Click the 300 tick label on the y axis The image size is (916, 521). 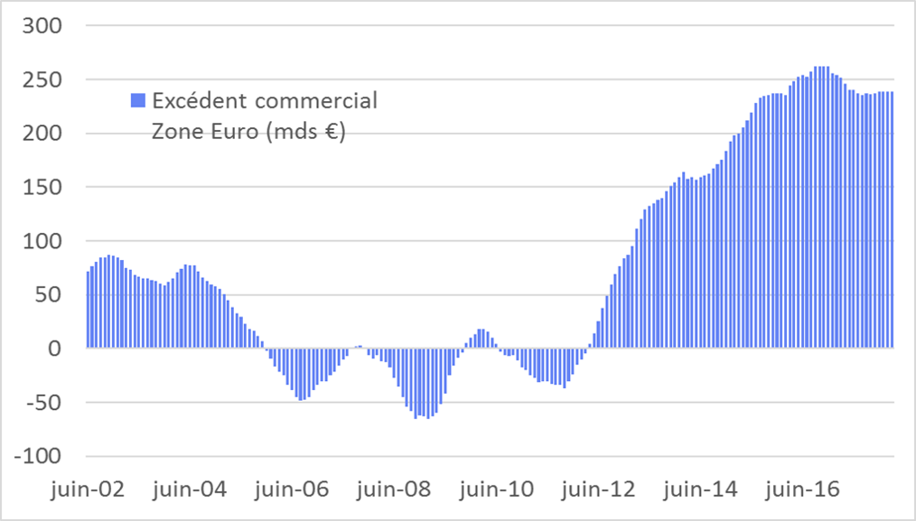point(42,25)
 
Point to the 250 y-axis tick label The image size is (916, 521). point(42,79)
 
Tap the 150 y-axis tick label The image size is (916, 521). point(42,187)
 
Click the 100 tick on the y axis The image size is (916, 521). point(42,241)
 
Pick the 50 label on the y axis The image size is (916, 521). point(49,294)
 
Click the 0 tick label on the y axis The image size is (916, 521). point(54,349)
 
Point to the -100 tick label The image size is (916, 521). point(38,456)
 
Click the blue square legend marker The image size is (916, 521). point(138,100)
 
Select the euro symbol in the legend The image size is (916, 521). point(336,131)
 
